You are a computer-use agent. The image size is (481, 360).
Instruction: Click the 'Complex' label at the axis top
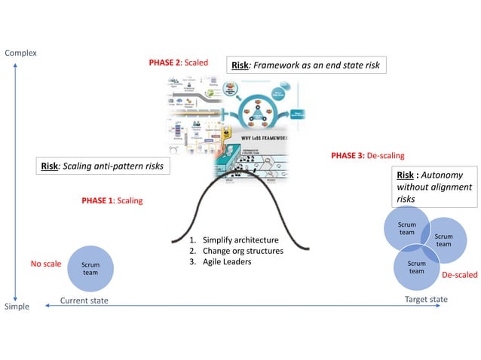point(20,53)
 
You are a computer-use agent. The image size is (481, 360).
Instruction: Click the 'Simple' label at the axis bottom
point(17,306)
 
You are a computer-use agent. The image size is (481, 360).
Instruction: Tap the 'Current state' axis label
point(84,301)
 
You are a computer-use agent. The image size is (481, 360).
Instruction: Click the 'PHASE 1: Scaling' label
point(112,201)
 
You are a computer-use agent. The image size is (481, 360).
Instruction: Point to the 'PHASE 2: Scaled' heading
point(178,63)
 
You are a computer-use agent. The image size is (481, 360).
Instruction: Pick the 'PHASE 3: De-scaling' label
point(367,156)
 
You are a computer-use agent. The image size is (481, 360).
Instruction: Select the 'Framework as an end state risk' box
point(306,66)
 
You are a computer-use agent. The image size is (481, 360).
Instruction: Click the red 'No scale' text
point(46,264)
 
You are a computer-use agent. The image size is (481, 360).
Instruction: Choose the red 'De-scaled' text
point(458,275)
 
